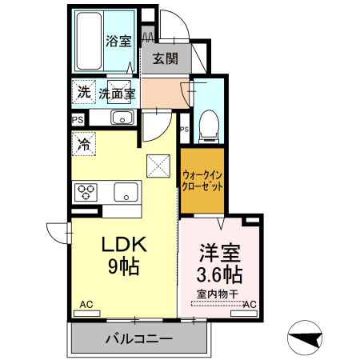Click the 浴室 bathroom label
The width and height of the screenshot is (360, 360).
(118, 41)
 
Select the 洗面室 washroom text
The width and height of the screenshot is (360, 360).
(117, 94)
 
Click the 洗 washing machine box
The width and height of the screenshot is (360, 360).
(83, 93)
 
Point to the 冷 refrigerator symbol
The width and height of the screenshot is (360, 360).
(83, 145)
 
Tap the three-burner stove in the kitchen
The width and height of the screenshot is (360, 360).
(86, 192)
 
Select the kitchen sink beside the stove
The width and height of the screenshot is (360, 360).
(126, 192)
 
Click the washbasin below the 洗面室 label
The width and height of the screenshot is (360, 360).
(122, 118)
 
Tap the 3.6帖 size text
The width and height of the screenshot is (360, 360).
(220, 274)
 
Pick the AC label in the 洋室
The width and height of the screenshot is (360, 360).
(250, 305)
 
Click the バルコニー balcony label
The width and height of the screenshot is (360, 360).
(138, 338)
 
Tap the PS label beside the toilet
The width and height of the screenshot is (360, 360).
(184, 129)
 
